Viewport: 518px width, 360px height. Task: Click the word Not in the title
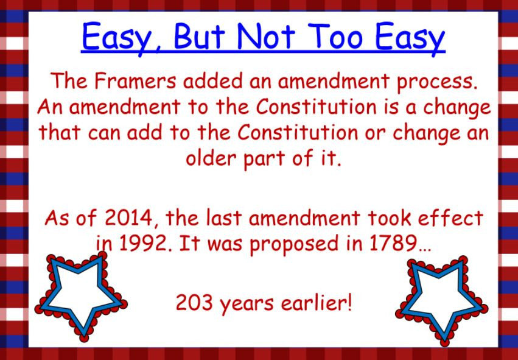coord(268,37)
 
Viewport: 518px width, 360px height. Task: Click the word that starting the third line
coord(60,133)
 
